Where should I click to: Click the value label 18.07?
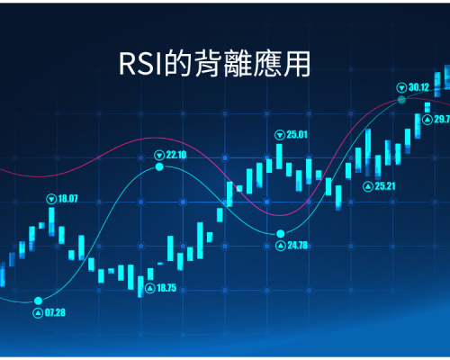(x=67, y=199)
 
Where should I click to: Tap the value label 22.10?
(x=176, y=155)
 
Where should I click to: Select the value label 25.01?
(x=297, y=135)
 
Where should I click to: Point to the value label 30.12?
(x=418, y=87)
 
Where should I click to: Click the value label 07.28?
(x=55, y=312)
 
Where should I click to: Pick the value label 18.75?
(x=166, y=288)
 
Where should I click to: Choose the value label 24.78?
(x=298, y=246)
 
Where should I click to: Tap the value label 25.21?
(x=385, y=186)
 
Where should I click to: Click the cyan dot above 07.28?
(x=38, y=301)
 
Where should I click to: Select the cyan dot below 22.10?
(x=159, y=166)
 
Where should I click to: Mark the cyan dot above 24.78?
(x=281, y=233)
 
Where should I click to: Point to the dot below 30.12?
(x=401, y=100)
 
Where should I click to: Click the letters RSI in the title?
(x=141, y=64)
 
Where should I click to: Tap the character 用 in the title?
(x=297, y=63)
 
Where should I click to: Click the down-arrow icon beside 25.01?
(x=280, y=135)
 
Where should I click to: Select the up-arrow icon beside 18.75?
(x=150, y=288)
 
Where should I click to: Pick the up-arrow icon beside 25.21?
(x=368, y=186)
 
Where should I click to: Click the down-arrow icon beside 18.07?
(x=51, y=199)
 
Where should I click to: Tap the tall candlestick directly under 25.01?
(x=279, y=157)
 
